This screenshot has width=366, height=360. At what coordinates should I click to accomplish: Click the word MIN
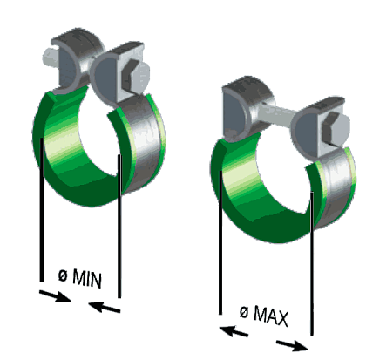[87, 279]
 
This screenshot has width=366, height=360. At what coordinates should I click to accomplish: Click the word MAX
[271, 316]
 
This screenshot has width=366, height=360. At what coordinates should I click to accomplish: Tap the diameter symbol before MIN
[63, 275]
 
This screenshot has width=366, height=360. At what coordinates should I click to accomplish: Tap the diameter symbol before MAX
[244, 312]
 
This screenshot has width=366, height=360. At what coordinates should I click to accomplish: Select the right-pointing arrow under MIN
[55, 296]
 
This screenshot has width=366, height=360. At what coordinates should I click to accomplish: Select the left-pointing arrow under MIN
[105, 307]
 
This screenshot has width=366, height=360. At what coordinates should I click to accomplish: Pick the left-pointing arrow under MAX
[234, 331]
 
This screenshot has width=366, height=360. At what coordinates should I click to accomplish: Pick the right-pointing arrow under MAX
[292, 345]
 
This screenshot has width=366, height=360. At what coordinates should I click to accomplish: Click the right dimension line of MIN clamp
[119, 226]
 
